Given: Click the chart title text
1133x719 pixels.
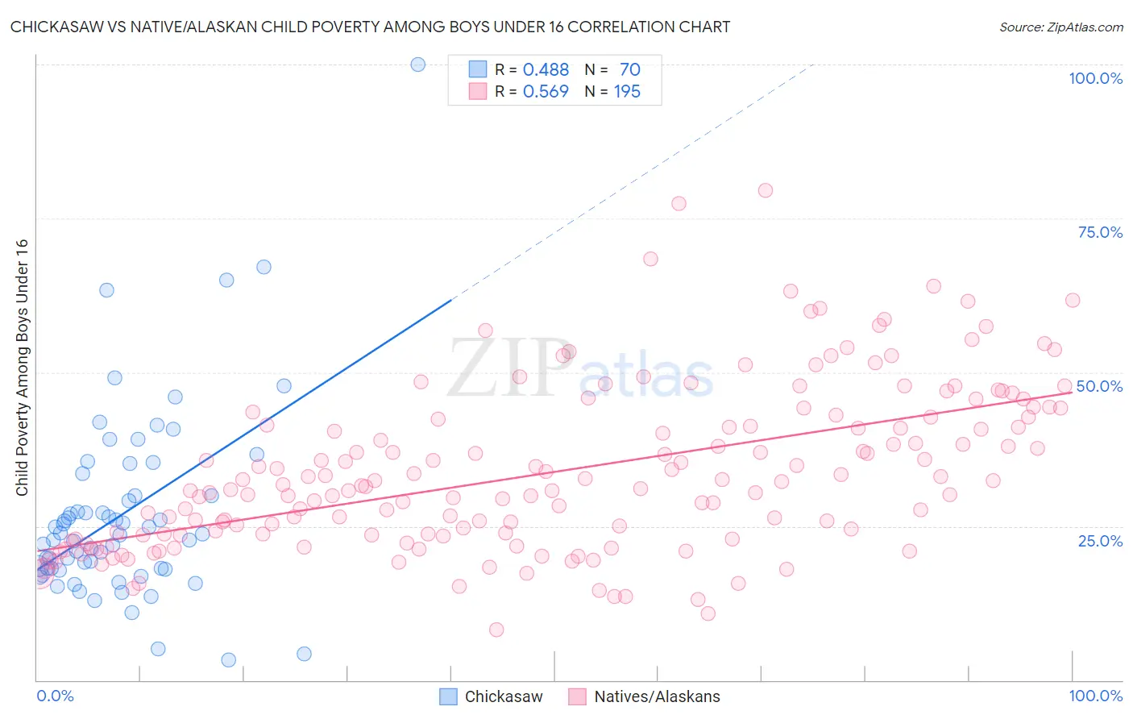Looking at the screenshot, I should (370, 27).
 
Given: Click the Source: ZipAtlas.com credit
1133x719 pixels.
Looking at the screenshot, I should (1060, 27).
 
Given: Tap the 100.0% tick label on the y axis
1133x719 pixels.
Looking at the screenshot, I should (1095, 78).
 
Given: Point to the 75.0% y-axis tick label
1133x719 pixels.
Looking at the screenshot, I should (1100, 232).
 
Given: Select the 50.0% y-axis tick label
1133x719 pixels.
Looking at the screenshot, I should (1099, 386).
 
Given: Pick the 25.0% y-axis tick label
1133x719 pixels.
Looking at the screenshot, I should (1100, 540).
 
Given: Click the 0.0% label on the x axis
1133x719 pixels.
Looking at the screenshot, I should (55, 696).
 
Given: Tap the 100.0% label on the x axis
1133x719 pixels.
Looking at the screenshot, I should (1095, 696).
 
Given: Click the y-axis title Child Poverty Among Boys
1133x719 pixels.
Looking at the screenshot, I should (22, 368).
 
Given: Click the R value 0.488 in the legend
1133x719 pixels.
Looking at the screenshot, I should (546, 70).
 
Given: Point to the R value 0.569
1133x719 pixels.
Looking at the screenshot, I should (546, 92).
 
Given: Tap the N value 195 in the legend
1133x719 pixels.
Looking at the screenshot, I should (627, 92).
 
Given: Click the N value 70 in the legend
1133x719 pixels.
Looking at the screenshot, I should (630, 70).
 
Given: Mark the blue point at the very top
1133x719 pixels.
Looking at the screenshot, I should (417, 64).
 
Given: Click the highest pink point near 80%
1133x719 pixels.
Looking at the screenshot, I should (765, 190).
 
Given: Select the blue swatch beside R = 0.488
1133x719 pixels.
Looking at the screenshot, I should (478, 69).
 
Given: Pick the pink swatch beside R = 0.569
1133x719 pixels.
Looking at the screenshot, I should (478, 91).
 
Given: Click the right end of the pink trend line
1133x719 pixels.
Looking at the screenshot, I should (1071, 393).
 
